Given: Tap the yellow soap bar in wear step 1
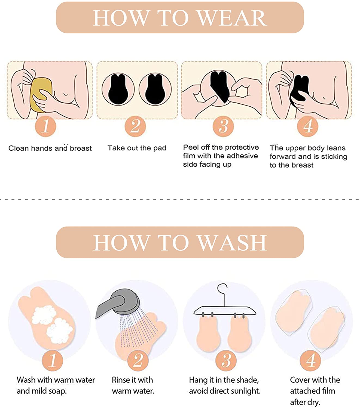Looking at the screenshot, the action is click(x=41, y=95).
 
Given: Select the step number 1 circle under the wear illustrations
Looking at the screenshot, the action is click(x=45, y=126).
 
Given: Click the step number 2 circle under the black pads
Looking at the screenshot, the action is click(x=135, y=126).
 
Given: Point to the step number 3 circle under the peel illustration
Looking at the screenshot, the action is click(x=223, y=126).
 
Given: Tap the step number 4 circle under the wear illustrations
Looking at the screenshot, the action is click(x=307, y=126).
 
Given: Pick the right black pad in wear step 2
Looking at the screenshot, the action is click(x=155, y=89).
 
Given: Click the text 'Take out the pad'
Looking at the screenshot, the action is click(x=137, y=148).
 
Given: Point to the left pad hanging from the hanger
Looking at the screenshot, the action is click(x=208, y=334).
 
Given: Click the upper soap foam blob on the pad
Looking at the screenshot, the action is click(x=44, y=314).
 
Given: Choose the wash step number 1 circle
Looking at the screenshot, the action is click(x=53, y=360).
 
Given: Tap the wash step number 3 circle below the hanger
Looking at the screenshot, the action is click(x=226, y=360).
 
